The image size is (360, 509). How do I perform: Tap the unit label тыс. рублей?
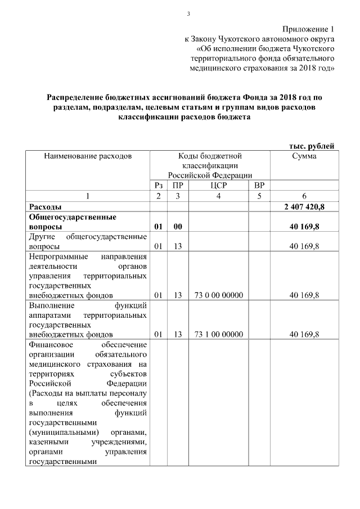coord(312,146)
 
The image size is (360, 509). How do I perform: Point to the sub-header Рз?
coord(159,185)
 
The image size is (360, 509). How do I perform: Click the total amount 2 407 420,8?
coord(304,206)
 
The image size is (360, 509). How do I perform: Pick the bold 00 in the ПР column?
coord(177,226)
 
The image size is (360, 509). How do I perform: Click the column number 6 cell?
coord(304,196)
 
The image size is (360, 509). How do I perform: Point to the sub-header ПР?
coord(177,185)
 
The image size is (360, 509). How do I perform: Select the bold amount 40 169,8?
coord(304,226)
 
